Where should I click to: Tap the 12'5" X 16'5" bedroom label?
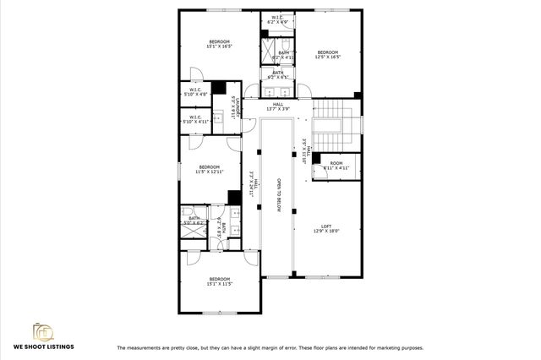click(327, 54)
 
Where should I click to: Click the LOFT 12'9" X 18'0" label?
click(326, 229)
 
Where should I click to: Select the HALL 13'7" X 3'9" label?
click(278, 106)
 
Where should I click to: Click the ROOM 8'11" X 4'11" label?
click(336, 166)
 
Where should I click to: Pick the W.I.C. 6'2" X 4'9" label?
click(277, 19)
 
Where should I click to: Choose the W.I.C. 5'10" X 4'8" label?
click(195, 93)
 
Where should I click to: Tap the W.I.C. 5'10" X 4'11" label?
click(195, 120)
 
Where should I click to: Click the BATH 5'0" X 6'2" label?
click(194, 221)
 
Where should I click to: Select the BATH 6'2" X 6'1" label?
click(278, 74)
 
